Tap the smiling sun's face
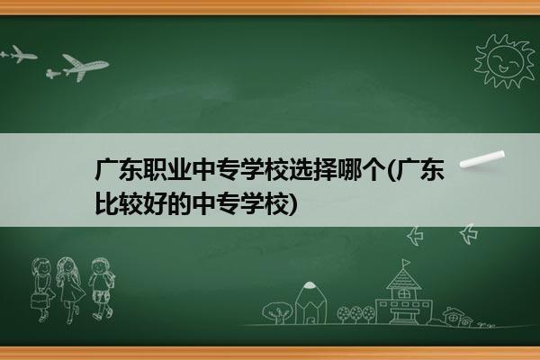click(505, 60)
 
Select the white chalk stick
click(482, 159)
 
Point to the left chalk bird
click(415, 236)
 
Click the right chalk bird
click(469, 234)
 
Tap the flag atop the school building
click(407, 263)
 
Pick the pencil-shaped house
click(310, 302)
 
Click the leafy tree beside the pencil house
click(277, 312)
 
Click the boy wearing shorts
click(101, 289)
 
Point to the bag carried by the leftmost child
click(39, 301)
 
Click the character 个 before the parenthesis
click(374, 170)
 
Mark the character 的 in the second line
click(179, 204)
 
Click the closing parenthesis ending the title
click(292, 204)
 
